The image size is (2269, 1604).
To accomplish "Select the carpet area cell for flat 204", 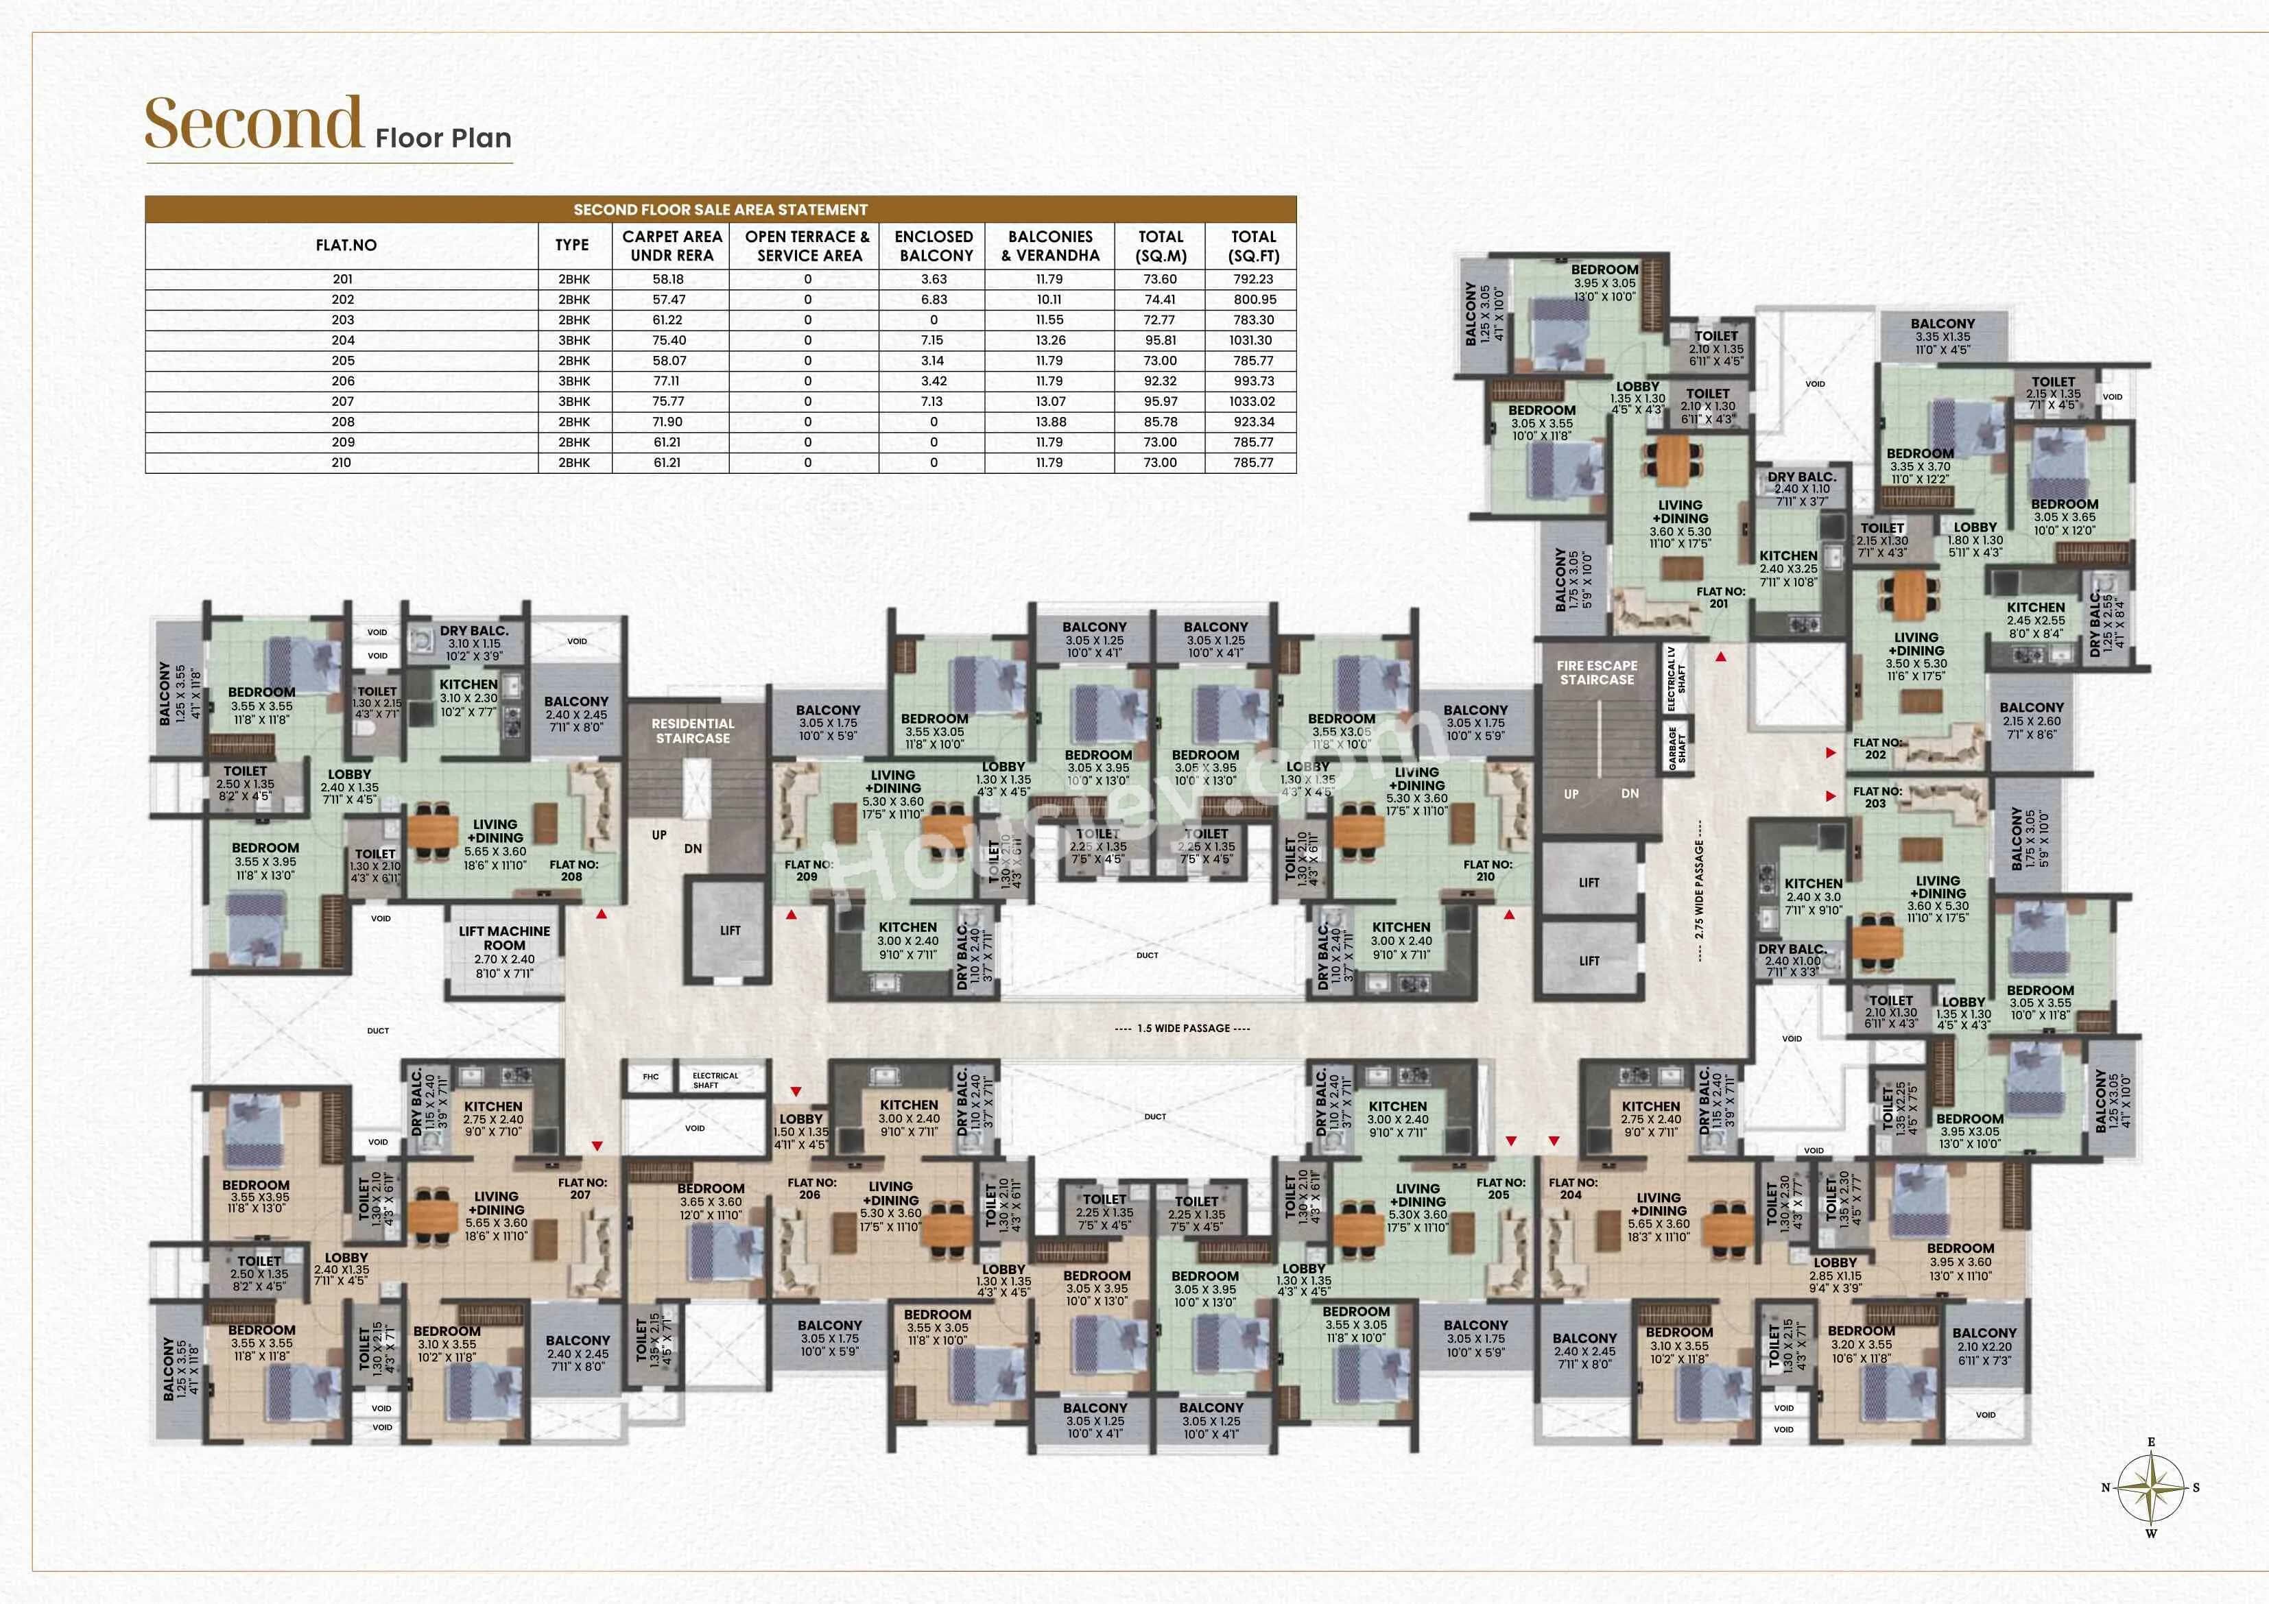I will click(x=669, y=340).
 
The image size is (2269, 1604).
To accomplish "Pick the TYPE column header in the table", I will click(x=571, y=245).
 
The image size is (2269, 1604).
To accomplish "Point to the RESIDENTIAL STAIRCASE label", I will click(x=693, y=731).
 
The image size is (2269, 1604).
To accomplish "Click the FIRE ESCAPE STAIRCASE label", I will click(x=1597, y=673).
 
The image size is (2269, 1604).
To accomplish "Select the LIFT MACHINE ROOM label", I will click(x=504, y=938).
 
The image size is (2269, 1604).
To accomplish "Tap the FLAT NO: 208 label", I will click(x=573, y=870).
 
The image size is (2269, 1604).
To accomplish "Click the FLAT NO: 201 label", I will click(x=1720, y=597).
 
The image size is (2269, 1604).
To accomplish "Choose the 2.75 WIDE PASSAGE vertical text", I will click(x=1699, y=889).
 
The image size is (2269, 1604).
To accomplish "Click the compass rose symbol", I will click(x=2150, y=1487).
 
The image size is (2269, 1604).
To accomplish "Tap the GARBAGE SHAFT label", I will click(x=1677, y=746).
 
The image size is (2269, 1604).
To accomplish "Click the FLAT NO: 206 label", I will click(x=811, y=1188).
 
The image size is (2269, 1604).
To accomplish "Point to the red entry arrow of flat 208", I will click(x=601, y=914).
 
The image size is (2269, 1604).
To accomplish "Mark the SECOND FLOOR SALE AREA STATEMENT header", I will click(x=720, y=210).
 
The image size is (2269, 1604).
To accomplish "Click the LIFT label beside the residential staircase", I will click(x=730, y=930).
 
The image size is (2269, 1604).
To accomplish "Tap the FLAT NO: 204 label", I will click(x=1572, y=1188).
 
